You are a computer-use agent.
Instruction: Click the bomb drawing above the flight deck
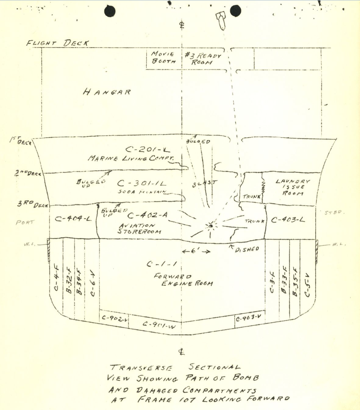pyautogui.click(x=221, y=21)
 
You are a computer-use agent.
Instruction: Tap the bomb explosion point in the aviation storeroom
pyautogui.click(x=211, y=225)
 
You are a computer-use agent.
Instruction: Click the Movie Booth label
pyautogui.click(x=163, y=58)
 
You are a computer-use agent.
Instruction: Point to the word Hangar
pyautogui.click(x=107, y=92)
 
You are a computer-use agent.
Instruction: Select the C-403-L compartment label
pyautogui.click(x=288, y=220)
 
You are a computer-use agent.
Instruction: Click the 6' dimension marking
pyautogui.click(x=196, y=251)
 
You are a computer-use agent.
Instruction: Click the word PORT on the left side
pyautogui.click(x=26, y=222)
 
